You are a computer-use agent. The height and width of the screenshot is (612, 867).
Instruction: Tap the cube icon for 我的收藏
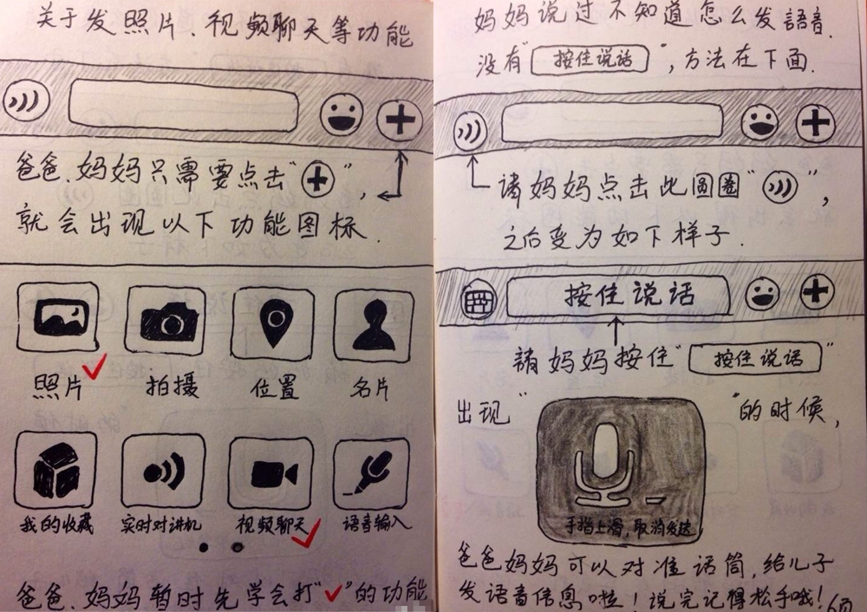[55, 470]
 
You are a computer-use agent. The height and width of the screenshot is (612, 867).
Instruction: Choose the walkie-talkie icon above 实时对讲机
[164, 471]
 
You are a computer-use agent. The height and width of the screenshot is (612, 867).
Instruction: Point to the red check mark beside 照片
[94, 366]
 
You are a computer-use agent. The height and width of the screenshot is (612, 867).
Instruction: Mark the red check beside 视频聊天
[306, 533]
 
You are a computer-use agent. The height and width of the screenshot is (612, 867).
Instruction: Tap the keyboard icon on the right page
[479, 299]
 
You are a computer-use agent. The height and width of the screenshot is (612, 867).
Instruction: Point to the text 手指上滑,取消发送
[628, 527]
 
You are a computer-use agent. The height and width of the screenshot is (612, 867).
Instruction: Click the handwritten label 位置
[274, 387]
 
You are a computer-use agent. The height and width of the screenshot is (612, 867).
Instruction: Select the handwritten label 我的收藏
[56, 523]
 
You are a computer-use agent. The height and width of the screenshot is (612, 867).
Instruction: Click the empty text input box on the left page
[183, 106]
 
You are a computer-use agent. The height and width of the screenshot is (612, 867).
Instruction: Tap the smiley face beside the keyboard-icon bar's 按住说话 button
[762, 294]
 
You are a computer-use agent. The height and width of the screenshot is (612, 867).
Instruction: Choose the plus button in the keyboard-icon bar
[816, 291]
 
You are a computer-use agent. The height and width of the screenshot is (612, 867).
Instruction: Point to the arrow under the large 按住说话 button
[616, 330]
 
